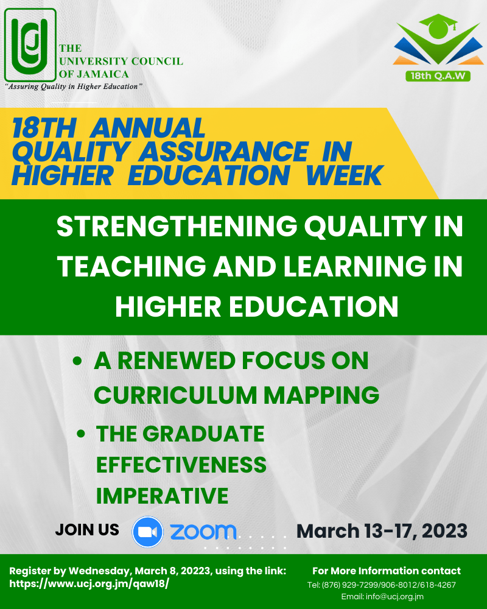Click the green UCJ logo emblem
tap(30, 45)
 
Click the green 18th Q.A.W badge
tap(438, 76)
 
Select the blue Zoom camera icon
tap(147, 532)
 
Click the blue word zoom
tap(203, 532)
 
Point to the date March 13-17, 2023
tap(382, 531)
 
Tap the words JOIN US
tap(87, 530)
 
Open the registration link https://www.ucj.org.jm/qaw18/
tap(89, 583)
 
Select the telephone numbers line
tap(381, 585)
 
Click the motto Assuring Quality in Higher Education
tap(74, 86)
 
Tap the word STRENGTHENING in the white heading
tap(177, 226)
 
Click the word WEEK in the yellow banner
tap(345, 175)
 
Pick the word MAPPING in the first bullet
tap(321, 396)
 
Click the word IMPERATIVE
tap(162, 496)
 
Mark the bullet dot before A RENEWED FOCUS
tap(77, 361)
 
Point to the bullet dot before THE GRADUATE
tap(81, 434)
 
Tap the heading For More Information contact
tap(387, 571)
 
